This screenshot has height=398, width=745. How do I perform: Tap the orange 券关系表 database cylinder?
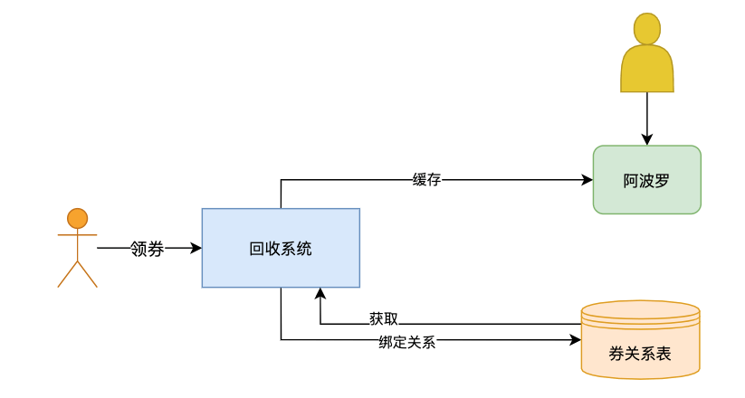[640, 339]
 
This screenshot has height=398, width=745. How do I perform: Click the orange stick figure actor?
[77, 248]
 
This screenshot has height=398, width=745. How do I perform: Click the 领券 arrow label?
[147, 248]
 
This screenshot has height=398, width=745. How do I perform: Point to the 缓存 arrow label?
[426, 179]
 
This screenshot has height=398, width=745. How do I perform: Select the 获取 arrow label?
[384, 318]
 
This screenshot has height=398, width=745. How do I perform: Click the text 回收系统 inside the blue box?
[281, 248]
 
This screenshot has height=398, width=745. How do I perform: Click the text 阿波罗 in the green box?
[646, 180]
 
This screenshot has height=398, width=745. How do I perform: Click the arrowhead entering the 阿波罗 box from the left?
[587, 179]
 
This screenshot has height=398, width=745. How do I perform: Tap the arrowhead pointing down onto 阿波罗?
[646, 139]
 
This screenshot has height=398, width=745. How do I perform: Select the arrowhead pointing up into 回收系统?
[320, 294]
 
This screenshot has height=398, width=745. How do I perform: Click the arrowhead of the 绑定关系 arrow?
[574, 341]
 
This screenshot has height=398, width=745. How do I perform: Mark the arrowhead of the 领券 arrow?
[196, 248]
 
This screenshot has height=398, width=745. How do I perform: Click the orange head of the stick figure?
[77, 218]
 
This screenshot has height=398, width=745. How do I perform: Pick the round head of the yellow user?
[646, 29]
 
